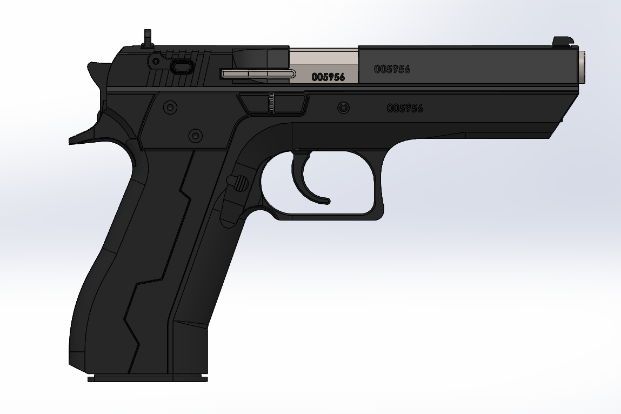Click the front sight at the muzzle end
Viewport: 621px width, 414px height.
pyautogui.click(x=564, y=41)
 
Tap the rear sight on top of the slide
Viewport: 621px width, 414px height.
pyautogui.click(x=148, y=38)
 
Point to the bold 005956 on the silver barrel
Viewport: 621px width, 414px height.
pyautogui.click(x=328, y=77)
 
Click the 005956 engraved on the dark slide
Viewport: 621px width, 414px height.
pyautogui.click(x=392, y=69)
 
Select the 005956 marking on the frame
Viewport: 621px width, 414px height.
pyautogui.click(x=405, y=108)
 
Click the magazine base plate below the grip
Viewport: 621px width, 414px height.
pyautogui.click(x=148, y=378)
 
